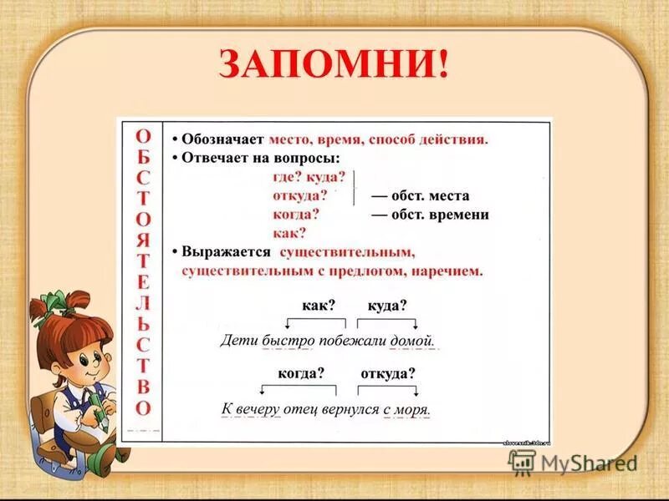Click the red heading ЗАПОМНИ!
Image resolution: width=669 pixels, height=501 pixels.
coord(334,64)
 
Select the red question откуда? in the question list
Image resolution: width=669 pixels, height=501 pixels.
coord(299,195)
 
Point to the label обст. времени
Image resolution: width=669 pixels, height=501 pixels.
coord(430,215)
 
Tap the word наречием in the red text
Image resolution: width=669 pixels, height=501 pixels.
coord(450,271)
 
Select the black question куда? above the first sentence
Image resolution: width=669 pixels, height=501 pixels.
coord(387,305)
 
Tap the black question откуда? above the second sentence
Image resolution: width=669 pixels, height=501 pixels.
coord(388,373)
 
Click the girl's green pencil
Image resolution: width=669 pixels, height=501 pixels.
coord(99,407)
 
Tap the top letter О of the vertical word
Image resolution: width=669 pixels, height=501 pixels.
coord(144,136)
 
